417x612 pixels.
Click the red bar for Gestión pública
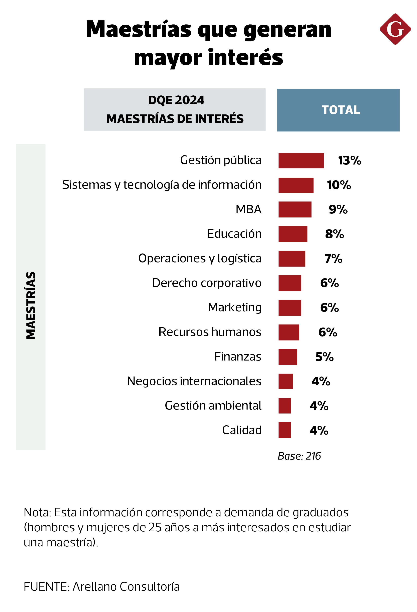[301, 160]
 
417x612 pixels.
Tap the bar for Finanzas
[288, 357]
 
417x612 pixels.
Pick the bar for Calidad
[284, 430]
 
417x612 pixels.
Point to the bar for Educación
[293, 234]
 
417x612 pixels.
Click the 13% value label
[350, 160]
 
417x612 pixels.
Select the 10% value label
[339, 185]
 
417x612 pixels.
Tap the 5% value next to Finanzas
[324, 357]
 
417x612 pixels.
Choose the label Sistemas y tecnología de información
[162, 185]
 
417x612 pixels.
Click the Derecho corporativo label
[207, 283]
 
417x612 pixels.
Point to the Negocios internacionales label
[194, 381]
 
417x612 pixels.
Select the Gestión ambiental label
[213, 406]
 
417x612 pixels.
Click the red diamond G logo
[395, 29]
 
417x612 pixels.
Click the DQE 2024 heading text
[176, 100]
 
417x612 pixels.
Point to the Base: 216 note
[299, 456]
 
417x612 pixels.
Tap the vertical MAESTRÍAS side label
[31, 305]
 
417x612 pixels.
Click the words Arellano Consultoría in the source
[126, 587]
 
